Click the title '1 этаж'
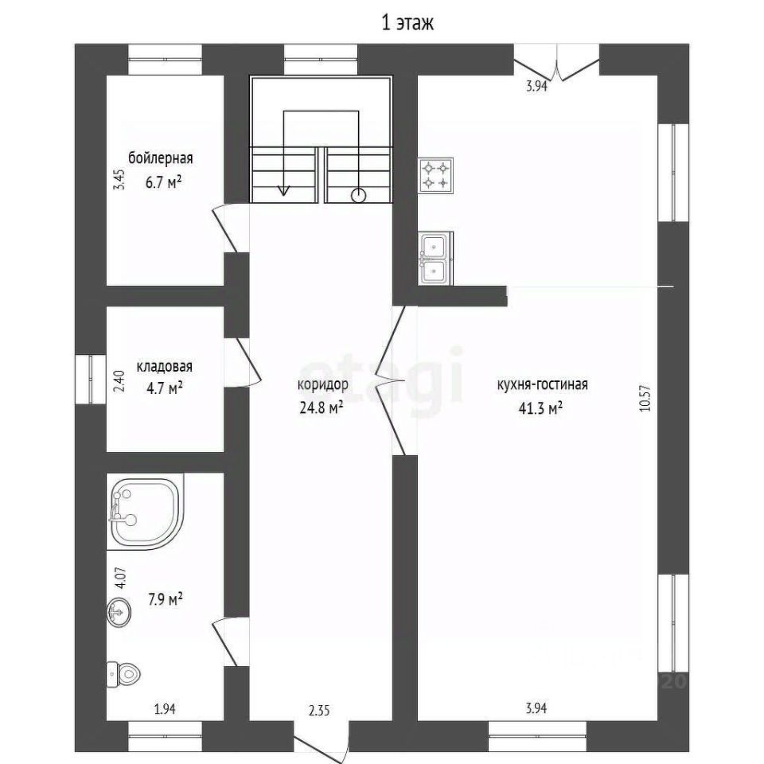click(x=407, y=23)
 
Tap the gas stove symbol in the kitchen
click(x=435, y=175)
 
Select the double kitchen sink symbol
click(x=435, y=258)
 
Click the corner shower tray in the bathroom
click(x=145, y=512)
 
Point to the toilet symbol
click(x=123, y=674)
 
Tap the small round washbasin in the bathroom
click(x=119, y=611)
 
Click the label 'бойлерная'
click(x=161, y=158)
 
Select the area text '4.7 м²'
click(x=165, y=388)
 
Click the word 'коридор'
click(x=323, y=385)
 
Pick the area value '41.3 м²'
click(x=541, y=407)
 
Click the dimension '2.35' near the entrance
click(x=319, y=711)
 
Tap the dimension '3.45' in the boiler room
click(x=119, y=179)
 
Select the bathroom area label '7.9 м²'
click(x=166, y=598)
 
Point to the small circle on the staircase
click(x=359, y=196)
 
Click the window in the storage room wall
click(x=91, y=380)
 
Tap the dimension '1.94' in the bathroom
click(x=165, y=709)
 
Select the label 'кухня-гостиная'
click(x=542, y=384)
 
